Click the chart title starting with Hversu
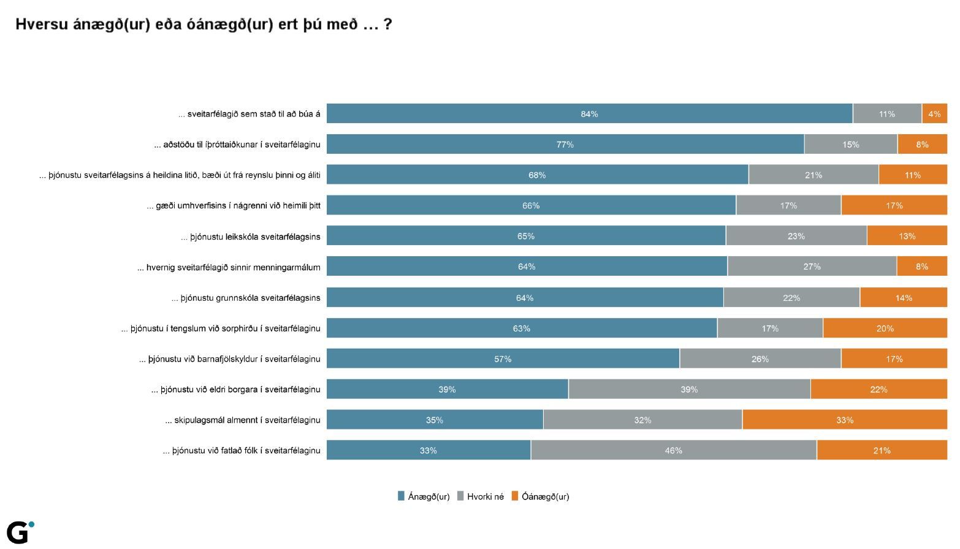(x=203, y=25)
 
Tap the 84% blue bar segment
(x=589, y=114)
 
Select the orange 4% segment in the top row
(x=934, y=114)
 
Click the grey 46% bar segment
(x=673, y=450)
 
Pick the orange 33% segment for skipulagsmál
(x=844, y=420)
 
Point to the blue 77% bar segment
(x=565, y=145)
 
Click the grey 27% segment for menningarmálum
(x=812, y=267)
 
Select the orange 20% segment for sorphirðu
(x=885, y=328)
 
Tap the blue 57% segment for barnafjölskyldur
(x=503, y=359)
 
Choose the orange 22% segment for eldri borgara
(x=878, y=389)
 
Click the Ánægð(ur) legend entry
(x=424, y=496)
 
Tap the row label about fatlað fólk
(x=242, y=450)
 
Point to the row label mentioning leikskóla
(x=251, y=237)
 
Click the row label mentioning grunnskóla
(x=246, y=298)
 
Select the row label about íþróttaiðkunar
(x=237, y=145)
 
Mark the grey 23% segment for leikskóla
(x=796, y=236)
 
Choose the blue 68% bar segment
(x=537, y=175)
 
